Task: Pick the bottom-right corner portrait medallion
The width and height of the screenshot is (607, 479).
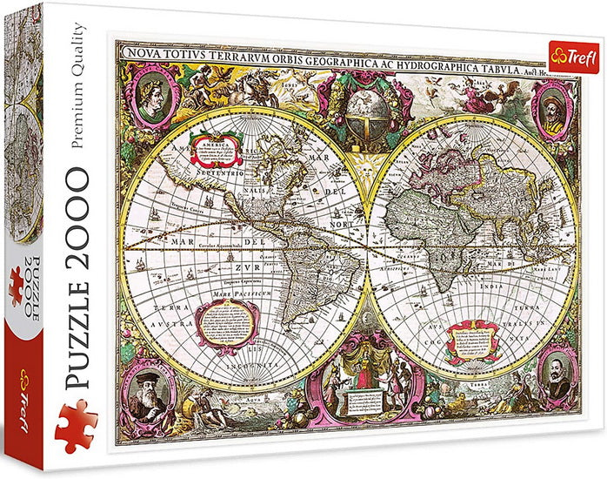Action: point(557,373)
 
